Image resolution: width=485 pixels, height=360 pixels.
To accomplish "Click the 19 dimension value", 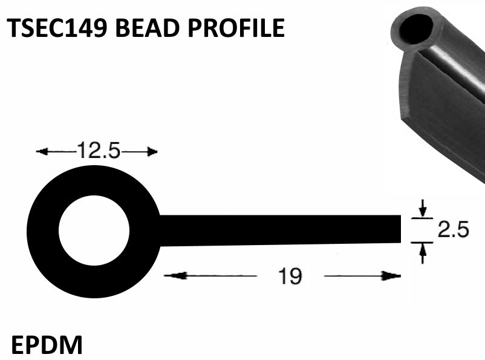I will click(x=290, y=277).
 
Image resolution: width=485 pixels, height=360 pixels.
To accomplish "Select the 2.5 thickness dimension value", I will click(x=454, y=231).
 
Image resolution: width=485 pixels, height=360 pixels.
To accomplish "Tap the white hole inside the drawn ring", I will click(x=94, y=231).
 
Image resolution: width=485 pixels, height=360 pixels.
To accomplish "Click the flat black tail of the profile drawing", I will click(x=278, y=231).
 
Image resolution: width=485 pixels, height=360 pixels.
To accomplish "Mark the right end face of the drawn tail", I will click(x=400, y=231).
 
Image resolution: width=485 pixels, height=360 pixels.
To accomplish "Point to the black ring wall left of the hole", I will click(x=42, y=231).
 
